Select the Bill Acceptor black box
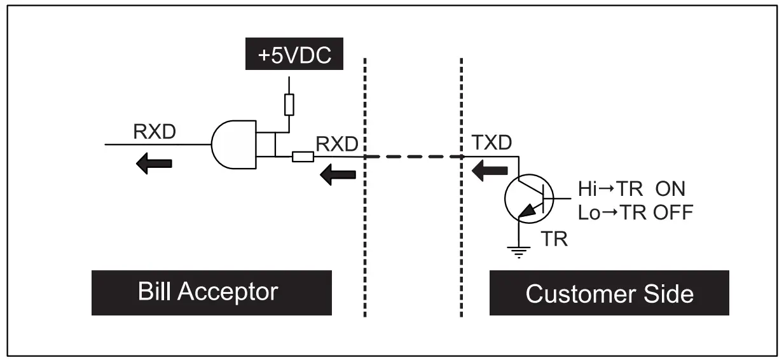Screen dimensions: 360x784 (x=211, y=293)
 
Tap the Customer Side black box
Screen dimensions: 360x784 (x=609, y=294)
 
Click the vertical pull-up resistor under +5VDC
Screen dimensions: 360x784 (x=289, y=104)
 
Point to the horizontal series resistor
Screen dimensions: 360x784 (x=302, y=156)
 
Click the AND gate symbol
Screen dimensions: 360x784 (x=233, y=144)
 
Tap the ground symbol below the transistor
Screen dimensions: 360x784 (x=519, y=253)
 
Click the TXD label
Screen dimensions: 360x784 (x=491, y=144)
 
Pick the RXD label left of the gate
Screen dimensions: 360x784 (x=155, y=132)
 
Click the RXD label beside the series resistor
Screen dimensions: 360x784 (x=337, y=144)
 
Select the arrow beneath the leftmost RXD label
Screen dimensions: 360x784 (x=154, y=163)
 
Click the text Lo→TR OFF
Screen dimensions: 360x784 (x=635, y=212)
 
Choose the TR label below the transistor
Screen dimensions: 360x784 (x=553, y=240)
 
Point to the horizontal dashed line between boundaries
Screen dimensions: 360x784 (x=412, y=156)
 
